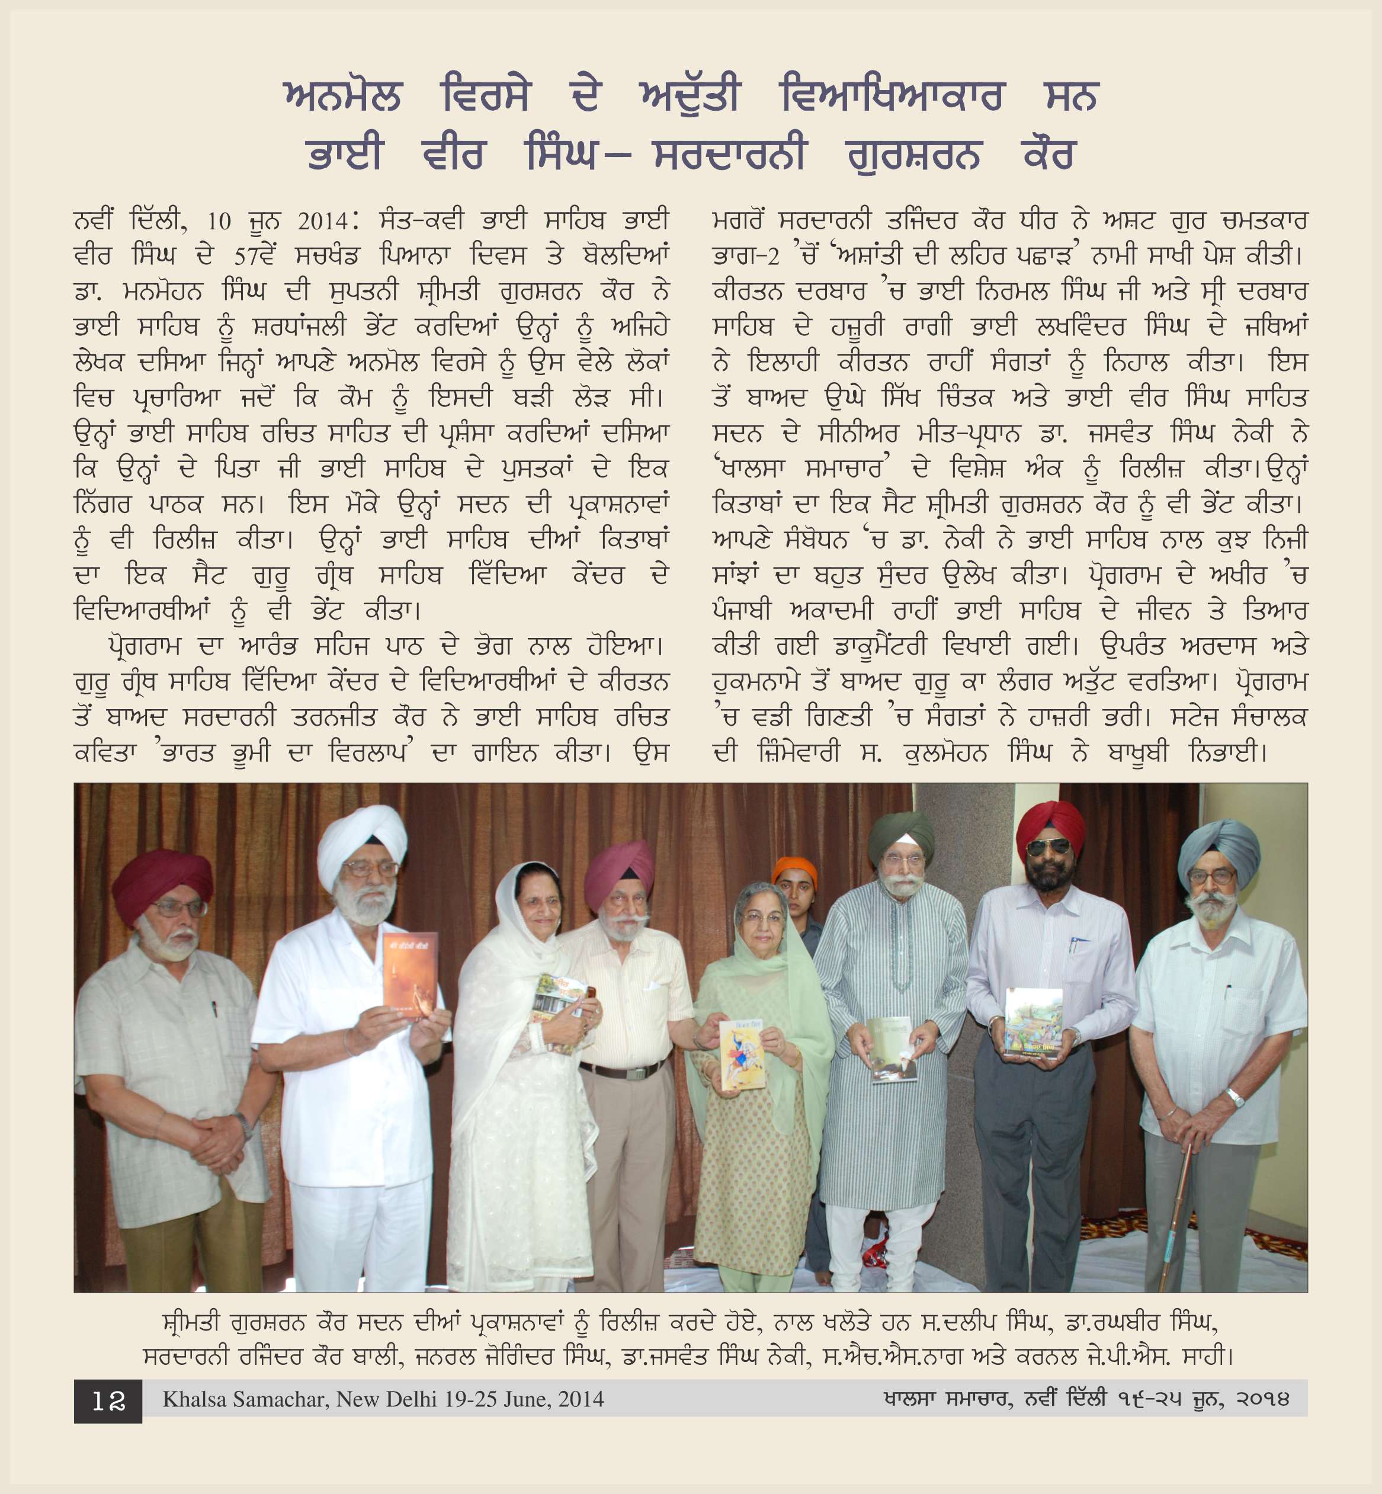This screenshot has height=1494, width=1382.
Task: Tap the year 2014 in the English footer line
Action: point(581,1399)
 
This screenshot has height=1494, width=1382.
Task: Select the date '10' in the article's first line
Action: point(219,222)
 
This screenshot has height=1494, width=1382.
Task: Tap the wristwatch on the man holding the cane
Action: point(1234,1098)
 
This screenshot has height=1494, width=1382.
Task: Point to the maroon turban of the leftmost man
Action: point(162,881)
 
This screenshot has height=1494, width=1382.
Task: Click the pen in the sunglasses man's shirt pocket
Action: point(1072,944)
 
